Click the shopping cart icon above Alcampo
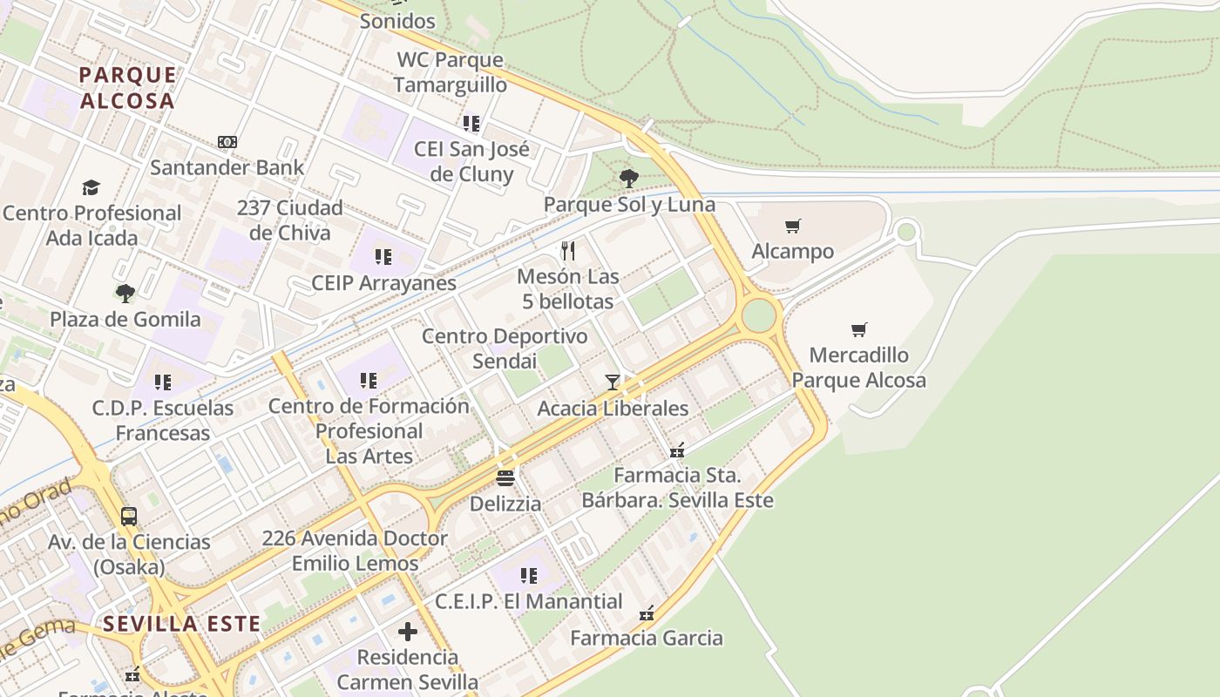792,227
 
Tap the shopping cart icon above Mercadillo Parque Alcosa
859,329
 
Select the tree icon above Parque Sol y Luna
628,179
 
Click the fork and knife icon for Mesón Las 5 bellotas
568,251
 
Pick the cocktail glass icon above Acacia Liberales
613,382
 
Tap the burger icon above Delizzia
505,477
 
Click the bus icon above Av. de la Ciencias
129,516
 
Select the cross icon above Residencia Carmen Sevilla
408,632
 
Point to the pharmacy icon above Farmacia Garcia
647,613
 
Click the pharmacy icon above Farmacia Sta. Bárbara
677,450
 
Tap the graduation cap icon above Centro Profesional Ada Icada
91,187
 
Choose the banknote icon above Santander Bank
227,142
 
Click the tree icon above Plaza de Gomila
125,293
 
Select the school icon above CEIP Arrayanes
383,257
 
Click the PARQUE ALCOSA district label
127,87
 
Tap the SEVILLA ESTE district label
181,624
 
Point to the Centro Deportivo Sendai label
505,348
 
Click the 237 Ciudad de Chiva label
289,220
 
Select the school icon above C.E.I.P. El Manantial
529,576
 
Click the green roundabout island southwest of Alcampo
759,315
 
